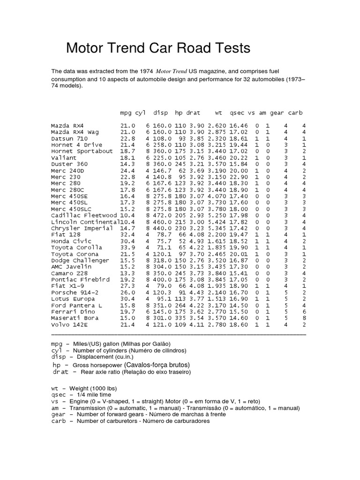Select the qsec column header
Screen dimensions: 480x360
tap(238, 113)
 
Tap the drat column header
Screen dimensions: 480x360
tap(193, 113)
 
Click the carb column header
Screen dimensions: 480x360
tap(295, 113)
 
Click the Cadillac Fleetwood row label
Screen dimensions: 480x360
tap(84, 216)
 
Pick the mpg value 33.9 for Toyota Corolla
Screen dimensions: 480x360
tap(127, 247)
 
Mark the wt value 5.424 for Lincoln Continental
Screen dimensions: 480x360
tap(216, 222)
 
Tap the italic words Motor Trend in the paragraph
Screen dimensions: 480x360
tap(171, 71)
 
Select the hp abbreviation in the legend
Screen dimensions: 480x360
tap(57, 365)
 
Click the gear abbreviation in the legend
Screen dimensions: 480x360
tap(59, 414)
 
